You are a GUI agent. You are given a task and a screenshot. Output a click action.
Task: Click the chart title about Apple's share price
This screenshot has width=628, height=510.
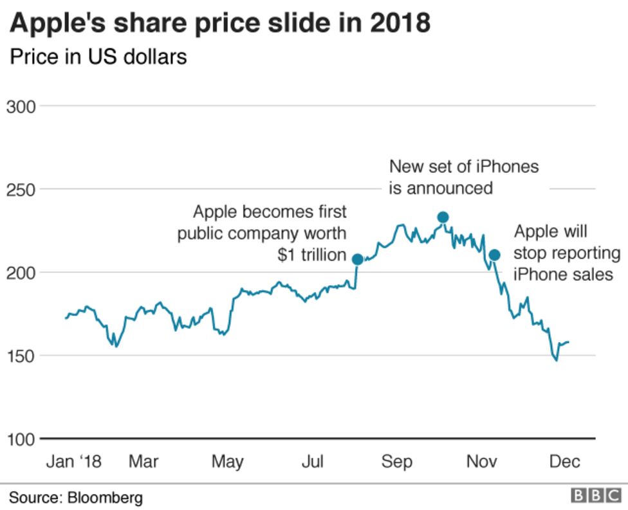click(219, 23)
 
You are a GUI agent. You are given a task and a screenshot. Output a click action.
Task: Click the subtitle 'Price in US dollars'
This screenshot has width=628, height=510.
click(98, 57)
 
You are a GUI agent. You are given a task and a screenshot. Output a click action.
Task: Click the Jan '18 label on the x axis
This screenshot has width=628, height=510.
click(73, 462)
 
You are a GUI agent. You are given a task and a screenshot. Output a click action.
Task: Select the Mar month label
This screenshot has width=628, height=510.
click(143, 462)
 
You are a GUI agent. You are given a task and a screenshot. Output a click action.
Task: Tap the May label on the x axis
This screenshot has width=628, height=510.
click(227, 462)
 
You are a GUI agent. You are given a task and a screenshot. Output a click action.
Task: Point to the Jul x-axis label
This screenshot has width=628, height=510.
click(313, 462)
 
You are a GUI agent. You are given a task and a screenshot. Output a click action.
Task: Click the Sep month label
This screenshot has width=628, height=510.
click(397, 462)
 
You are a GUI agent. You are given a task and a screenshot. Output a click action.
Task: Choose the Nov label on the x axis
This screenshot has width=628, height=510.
click(482, 462)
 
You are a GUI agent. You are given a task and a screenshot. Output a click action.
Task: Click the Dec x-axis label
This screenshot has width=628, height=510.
click(565, 462)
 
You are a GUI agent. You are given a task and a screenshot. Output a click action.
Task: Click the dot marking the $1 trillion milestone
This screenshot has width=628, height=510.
click(358, 260)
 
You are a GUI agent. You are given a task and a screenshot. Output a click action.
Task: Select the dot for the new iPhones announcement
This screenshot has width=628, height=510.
click(443, 217)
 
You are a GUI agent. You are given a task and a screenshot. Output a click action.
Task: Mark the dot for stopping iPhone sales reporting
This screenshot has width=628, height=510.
click(494, 255)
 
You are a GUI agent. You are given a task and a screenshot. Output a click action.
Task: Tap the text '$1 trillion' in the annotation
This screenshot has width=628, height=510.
click(312, 255)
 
